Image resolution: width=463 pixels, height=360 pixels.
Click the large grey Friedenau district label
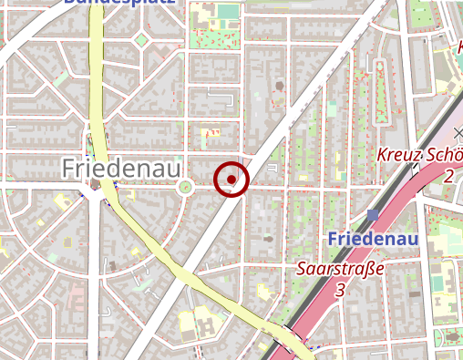click(x=121, y=168)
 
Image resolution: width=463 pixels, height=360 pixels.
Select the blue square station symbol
click(x=373, y=215)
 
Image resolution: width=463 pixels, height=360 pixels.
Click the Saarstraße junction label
click(x=340, y=271)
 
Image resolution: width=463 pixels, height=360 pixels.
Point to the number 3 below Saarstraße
click(x=340, y=290)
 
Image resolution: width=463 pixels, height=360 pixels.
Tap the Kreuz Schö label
click(x=418, y=155)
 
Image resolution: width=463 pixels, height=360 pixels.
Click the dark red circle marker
click(x=231, y=180)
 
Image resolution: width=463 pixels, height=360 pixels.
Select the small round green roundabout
click(x=186, y=188)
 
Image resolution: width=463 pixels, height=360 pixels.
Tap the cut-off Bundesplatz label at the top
click(x=118, y=3)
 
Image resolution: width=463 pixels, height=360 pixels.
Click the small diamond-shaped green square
click(x=140, y=40)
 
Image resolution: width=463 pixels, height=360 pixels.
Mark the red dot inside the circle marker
click(x=231, y=180)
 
